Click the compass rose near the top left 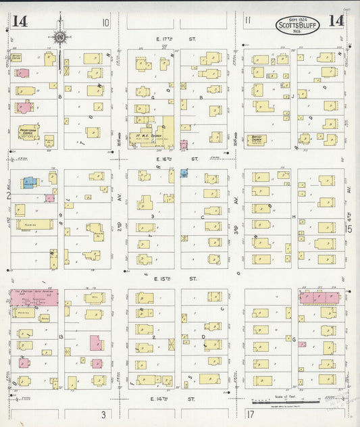[59, 36]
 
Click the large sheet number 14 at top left [20, 21]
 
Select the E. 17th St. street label [167, 39]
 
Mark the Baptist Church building [257, 140]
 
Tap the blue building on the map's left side [30, 182]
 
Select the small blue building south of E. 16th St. [184, 173]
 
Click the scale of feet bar [286, 401]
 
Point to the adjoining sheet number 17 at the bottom [250, 413]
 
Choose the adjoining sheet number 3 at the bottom [103, 413]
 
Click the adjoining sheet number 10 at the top [105, 22]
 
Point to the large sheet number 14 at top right [336, 21]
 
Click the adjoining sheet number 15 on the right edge [350, 228]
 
